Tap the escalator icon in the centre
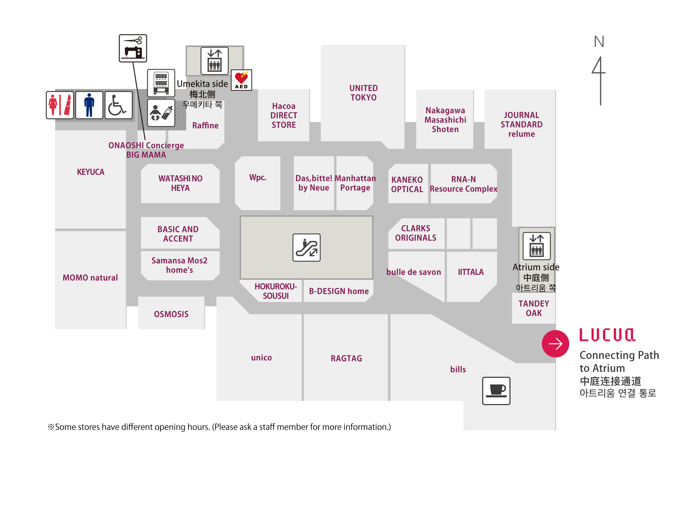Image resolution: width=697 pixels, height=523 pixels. [306, 248]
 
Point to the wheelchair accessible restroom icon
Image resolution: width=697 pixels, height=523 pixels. [118, 105]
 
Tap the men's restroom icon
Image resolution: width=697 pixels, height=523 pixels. [89, 105]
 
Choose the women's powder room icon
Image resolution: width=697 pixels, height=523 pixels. [60, 105]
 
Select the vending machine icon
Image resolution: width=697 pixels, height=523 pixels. [161, 83]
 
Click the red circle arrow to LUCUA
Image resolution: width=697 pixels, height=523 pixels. [555, 344]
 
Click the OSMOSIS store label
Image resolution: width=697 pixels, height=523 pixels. [171, 314]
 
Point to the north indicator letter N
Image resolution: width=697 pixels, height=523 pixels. [599, 42]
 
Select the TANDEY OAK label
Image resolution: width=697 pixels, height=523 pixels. [534, 308]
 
